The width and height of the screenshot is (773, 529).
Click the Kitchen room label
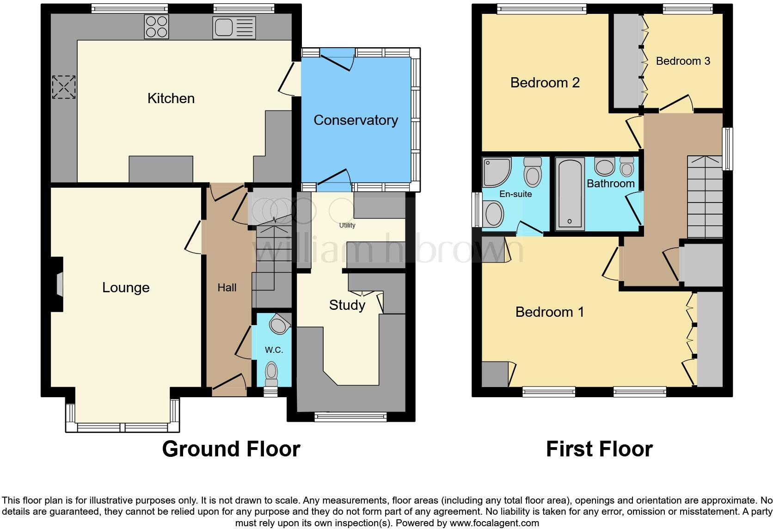click(x=171, y=98)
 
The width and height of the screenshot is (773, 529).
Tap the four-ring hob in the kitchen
click(x=156, y=26)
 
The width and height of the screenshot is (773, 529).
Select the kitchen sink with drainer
click(x=234, y=27)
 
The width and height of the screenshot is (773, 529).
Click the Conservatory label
click(x=356, y=120)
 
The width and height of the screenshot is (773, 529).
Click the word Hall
click(x=227, y=288)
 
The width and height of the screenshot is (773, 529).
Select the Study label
click(x=347, y=305)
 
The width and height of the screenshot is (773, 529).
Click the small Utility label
click(x=347, y=225)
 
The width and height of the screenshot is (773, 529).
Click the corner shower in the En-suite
click(x=496, y=171)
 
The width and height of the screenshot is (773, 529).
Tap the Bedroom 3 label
click(x=683, y=61)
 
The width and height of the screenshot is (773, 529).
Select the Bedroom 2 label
click(x=545, y=83)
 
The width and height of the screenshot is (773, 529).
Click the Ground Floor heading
click(x=231, y=449)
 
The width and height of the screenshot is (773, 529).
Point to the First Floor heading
click(x=599, y=449)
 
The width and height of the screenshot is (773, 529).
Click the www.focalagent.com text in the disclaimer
click(x=495, y=523)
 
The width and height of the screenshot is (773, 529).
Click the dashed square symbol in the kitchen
click(x=63, y=87)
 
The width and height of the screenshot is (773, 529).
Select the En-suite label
click(x=515, y=194)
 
